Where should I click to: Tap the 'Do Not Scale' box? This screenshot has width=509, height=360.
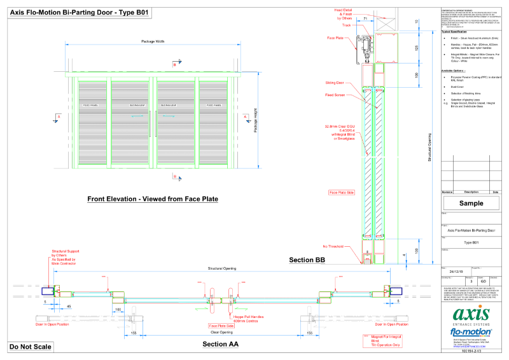coord(29,347)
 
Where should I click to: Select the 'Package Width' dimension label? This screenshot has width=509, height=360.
coord(152,41)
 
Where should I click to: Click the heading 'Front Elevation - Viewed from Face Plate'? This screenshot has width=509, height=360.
coord(153,199)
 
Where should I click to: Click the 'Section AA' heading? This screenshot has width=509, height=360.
coord(220,344)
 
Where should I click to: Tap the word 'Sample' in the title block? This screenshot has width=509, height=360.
coord(471,204)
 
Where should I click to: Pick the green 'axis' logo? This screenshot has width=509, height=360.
coord(471,315)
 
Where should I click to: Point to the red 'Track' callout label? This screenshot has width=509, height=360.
coord(347,25)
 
